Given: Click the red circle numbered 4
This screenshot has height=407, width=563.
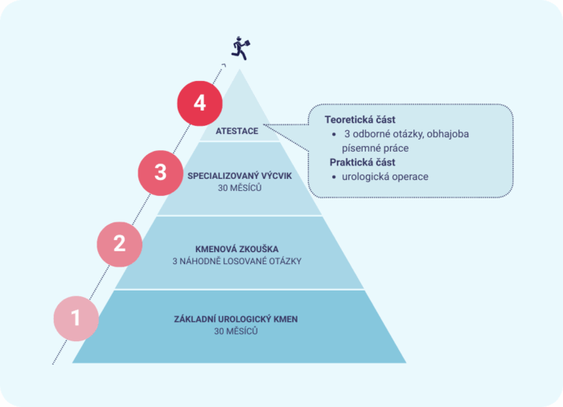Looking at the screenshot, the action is [199, 104].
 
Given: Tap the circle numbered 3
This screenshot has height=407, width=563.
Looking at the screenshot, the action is [161, 173].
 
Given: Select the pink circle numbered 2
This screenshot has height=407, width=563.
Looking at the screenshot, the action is [120, 244].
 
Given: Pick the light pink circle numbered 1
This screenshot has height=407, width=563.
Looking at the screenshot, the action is [76, 319].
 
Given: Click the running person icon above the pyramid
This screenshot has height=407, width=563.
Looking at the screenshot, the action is [240, 48].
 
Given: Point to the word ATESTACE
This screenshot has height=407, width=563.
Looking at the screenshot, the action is [237, 131].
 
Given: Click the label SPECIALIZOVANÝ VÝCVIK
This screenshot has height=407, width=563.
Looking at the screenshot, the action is [240, 176].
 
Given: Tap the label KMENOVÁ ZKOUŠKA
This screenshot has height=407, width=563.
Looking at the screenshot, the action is [237, 249].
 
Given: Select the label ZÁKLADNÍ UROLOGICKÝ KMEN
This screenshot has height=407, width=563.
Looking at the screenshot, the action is [236, 319].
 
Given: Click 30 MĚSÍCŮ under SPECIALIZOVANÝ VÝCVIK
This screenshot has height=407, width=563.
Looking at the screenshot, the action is [240, 188].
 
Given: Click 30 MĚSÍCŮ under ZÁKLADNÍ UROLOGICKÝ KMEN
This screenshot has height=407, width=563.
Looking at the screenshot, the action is [236, 331].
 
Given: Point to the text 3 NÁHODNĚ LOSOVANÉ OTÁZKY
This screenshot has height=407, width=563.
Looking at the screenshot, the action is [237, 261].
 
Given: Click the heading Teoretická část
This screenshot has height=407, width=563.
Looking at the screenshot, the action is [360, 120].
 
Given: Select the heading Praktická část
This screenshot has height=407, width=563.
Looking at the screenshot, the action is [362, 162].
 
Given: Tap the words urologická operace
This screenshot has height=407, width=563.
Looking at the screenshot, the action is [385, 177].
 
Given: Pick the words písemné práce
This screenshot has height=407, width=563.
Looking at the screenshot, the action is [376, 149].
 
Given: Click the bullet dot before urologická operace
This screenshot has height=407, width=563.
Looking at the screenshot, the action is [334, 177].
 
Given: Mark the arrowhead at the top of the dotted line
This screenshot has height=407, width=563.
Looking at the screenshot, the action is [224, 65].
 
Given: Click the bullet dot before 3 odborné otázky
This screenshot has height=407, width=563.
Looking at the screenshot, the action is [334, 134].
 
